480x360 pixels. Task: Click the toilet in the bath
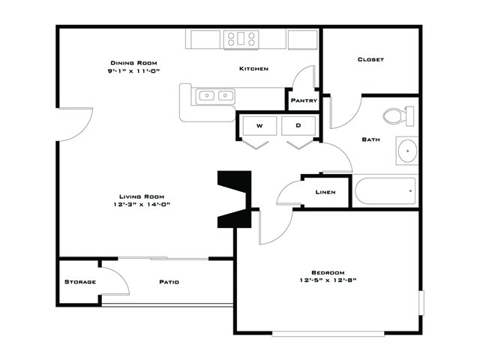(398, 116)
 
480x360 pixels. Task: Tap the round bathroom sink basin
(407, 151)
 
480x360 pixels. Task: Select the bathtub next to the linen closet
(385, 191)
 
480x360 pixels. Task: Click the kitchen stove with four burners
(241, 39)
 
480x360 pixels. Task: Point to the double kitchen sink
(215, 96)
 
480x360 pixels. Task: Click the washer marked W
(259, 125)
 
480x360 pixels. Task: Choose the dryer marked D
(298, 125)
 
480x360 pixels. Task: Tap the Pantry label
(304, 100)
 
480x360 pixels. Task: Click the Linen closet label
(325, 192)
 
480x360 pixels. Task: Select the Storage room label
(80, 282)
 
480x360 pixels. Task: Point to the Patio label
(169, 282)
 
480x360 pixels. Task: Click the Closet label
(370, 59)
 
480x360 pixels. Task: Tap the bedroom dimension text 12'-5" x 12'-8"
(328, 280)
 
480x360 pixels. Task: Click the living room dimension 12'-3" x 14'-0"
(142, 204)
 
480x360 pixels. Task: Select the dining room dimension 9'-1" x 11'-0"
(133, 70)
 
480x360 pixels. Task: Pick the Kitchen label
(253, 69)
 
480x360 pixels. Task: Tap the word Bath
(371, 139)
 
